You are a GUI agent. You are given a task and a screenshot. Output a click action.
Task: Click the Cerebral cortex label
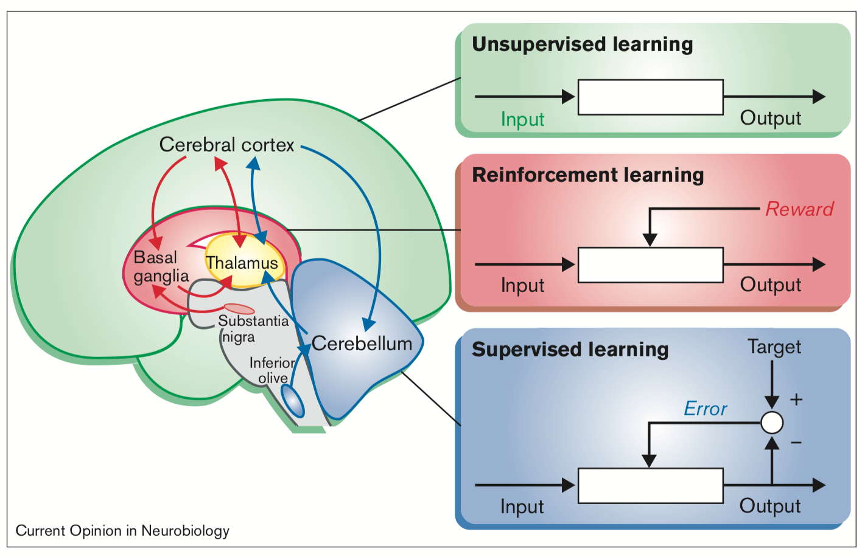click(x=226, y=145)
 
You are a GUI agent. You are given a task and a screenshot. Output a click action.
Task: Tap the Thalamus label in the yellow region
click(x=242, y=263)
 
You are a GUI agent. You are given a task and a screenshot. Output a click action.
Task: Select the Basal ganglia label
click(x=161, y=266)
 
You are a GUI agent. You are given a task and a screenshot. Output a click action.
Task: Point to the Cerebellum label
click(x=362, y=344)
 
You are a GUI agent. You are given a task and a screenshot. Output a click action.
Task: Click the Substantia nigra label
click(x=253, y=328)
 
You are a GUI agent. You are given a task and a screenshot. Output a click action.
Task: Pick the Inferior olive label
click(x=272, y=370)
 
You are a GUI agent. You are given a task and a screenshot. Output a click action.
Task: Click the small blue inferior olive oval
click(x=293, y=401)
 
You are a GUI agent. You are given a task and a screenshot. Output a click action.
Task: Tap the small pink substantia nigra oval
click(x=239, y=309)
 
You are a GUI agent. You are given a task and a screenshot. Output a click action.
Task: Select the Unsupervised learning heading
click(x=583, y=44)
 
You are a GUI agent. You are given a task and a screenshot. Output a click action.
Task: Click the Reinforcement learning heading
click(x=588, y=175)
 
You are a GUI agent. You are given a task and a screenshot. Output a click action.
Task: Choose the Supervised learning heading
click(x=570, y=350)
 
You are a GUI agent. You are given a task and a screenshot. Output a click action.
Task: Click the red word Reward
click(x=799, y=209)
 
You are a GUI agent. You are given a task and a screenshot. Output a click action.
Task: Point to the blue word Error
click(x=706, y=409)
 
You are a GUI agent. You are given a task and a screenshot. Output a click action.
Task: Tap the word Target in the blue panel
click(x=774, y=347)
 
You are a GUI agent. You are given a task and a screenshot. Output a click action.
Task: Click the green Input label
click(x=522, y=119)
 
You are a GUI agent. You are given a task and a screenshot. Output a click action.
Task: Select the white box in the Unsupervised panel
click(x=650, y=97)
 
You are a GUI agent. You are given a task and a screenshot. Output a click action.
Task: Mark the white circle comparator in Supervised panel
click(x=772, y=423)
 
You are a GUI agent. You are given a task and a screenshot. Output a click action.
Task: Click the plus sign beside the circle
click(x=796, y=400)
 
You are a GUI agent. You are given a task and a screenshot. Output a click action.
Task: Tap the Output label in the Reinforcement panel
click(x=770, y=285)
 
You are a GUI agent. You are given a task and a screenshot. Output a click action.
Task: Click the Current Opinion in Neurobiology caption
click(x=122, y=531)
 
